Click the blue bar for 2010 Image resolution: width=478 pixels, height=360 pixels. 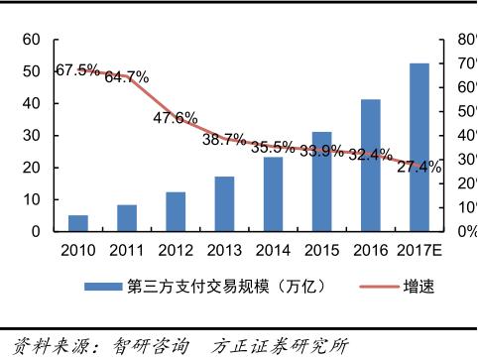click(x=78, y=223)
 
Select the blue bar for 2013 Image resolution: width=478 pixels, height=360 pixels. click(x=224, y=204)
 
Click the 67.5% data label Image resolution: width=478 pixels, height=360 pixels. click(x=76, y=70)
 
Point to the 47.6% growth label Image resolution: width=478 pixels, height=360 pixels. click(x=175, y=118)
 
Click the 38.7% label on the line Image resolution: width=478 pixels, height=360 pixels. click(x=224, y=140)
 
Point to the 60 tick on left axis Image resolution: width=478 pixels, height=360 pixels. click(x=32, y=40)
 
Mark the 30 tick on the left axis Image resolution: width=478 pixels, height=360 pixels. click(x=32, y=136)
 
